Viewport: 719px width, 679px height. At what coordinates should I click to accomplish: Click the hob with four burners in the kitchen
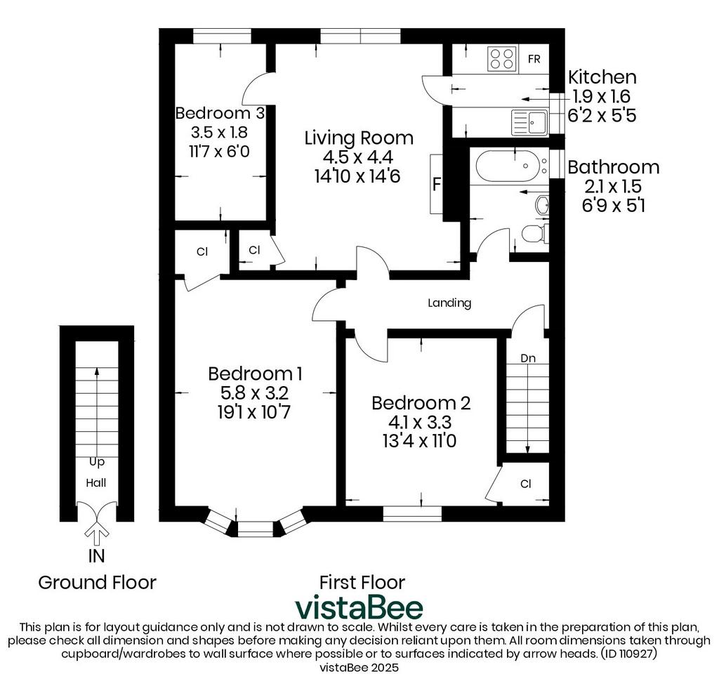coord(502,59)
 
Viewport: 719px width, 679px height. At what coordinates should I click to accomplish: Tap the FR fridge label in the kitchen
coord(534,59)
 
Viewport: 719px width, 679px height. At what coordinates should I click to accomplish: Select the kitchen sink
coord(529,122)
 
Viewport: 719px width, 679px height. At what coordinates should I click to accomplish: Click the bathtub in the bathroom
coord(509,166)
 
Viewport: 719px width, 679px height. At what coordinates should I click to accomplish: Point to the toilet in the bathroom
coord(534,235)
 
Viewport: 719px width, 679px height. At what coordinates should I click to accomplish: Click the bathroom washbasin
coord(542,205)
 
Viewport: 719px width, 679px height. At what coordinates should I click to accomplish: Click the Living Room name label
coord(359,138)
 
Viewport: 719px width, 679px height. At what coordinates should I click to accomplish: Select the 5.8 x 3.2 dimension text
coord(255,393)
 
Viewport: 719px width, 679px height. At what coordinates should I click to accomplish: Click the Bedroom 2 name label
coord(421,403)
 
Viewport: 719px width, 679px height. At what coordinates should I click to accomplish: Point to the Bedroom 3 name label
coord(220,113)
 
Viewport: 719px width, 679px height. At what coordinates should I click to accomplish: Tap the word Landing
coord(449,303)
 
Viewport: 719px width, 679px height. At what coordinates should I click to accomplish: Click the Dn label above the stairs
coord(528,358)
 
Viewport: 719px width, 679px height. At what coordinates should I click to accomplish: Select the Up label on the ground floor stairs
coord(97,462)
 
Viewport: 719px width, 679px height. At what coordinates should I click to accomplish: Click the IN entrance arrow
coord(97,531)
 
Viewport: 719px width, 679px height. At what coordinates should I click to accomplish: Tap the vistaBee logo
coord(359,607)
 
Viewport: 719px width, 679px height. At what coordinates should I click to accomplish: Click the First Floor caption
coord(362,583)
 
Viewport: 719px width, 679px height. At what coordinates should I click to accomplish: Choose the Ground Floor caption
coord(97,583)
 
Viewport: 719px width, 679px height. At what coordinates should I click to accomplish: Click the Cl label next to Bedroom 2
coord(525,484)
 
